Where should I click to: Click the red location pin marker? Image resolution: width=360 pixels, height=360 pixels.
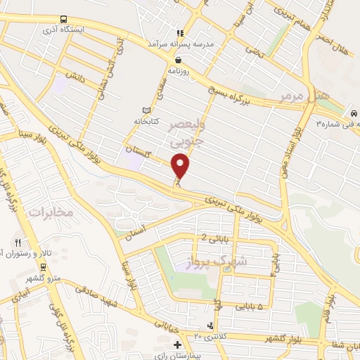point(181,166)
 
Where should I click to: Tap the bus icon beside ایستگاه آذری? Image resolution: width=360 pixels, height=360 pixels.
point(65,19)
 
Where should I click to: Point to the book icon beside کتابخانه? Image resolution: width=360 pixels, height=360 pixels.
point(146,110)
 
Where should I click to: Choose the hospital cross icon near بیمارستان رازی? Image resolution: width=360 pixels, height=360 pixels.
point(177,345)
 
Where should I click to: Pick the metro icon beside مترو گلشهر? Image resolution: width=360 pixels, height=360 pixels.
point(44,267)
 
